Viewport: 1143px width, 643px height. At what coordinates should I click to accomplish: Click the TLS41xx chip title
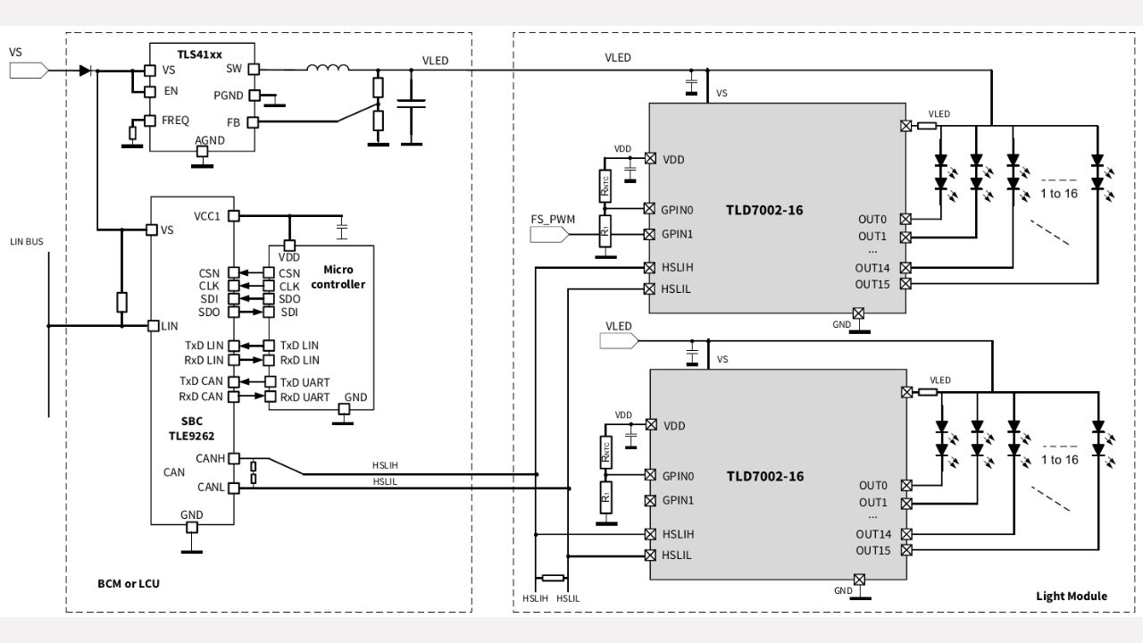[199, 54]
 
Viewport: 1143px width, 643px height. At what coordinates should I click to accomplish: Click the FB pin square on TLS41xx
[253, 121]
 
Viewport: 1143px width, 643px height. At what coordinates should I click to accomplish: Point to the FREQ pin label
[175, 120]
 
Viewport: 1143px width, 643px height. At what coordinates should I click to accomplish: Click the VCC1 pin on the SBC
[233, 215]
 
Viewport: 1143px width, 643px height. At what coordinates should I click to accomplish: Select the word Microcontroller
[344, 277]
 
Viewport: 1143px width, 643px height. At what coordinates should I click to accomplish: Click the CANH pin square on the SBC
[233, 458]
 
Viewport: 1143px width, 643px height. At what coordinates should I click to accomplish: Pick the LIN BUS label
[26, 242]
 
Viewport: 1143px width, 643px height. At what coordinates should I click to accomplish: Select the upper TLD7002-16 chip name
[764, 210]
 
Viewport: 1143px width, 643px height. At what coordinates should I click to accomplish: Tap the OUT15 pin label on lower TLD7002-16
[872, 550]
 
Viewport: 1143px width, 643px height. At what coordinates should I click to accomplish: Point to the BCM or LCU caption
[129, 583]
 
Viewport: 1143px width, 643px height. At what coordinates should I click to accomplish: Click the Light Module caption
[1071, 596]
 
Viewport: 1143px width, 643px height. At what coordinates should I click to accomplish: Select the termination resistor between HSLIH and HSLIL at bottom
[553, 578]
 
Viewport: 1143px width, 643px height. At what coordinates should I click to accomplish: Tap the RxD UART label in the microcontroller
[305, 397]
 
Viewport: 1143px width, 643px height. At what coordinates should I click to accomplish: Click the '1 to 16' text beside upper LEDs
[1059, 194]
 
